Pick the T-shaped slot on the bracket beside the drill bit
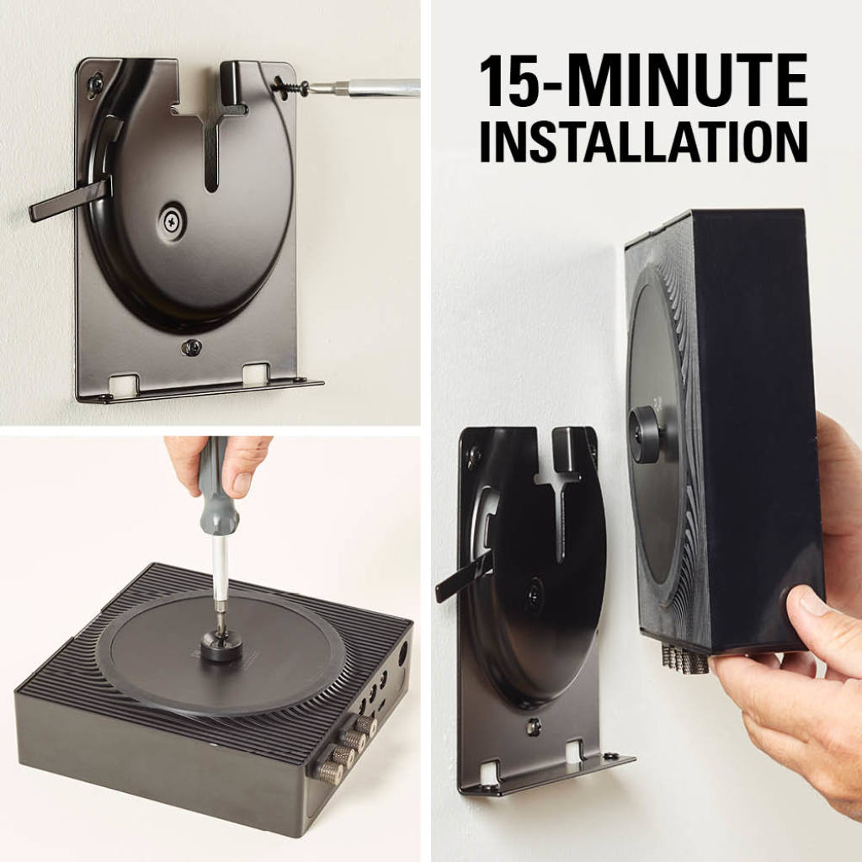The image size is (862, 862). [x=210, y=139]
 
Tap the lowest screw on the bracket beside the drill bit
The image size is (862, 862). [x=191, y=346]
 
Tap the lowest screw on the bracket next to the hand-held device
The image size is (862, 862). [x=532, y=726]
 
